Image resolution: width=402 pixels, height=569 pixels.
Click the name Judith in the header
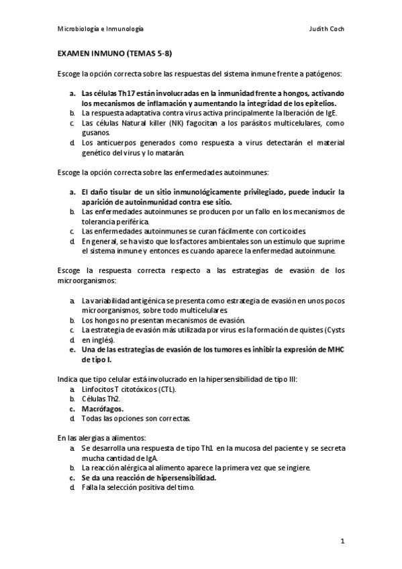point(321,31)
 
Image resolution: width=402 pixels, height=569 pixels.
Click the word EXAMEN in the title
point(72,52)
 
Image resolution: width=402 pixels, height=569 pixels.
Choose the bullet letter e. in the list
point(72,350)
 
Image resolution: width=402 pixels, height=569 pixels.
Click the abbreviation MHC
point(334,350)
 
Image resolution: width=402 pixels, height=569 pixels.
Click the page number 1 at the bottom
point(342,541)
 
